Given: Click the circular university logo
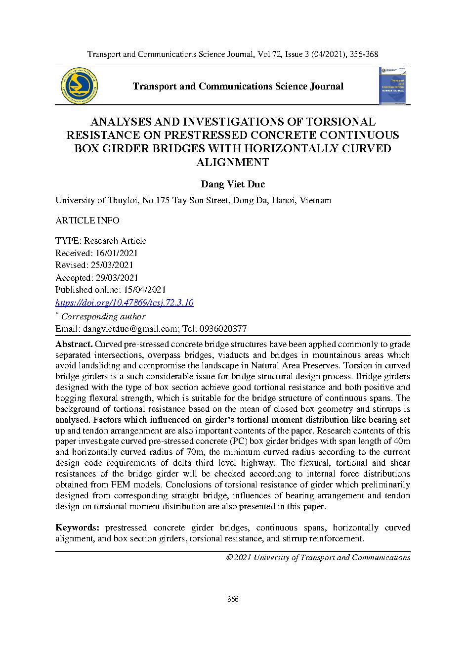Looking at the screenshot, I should pos(79,86).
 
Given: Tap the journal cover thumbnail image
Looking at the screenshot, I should pos(394,86).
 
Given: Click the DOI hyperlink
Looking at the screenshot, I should pos(124,303).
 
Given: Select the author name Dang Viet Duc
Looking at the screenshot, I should pos(233,184).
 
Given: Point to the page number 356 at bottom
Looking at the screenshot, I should pos(233,600).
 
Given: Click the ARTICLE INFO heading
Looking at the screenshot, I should pos(87,220).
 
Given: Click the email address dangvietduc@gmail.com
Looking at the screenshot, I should pos(130,329).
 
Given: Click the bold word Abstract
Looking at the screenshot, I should pos(74,344).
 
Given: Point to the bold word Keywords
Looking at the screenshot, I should pos(78,528).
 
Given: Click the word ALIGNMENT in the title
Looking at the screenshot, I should pos(233,162).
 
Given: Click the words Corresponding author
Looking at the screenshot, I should pos(103,316).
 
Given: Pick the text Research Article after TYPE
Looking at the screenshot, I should pos(115,241).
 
